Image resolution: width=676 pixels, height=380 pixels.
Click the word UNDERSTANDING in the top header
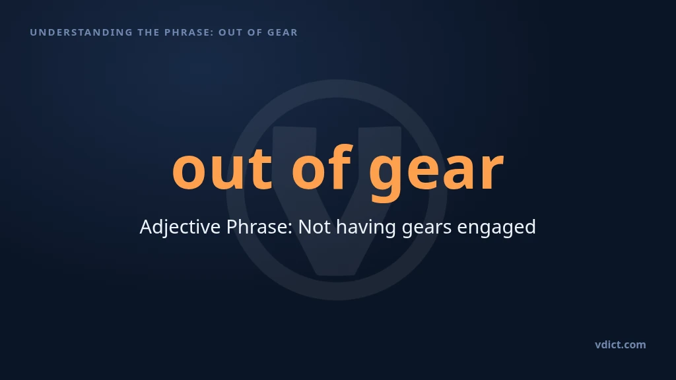(81, 32)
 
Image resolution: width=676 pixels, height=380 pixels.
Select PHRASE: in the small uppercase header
(189, 32)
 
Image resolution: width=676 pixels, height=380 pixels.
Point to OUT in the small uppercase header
(230, 32)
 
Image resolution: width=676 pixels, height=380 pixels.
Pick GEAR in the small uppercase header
(283, 32)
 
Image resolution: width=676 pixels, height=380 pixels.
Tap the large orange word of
(322, 166)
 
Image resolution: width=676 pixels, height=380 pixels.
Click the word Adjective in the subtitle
(180, 227)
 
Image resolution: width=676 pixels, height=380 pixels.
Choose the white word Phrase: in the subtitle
(259, 227)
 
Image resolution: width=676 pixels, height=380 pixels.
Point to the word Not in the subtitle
(315, 227)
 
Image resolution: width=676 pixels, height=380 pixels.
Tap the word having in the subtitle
(366, 228)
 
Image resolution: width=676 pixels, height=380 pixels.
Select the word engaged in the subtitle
(496, 228)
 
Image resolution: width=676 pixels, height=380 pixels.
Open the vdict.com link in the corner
(621, 344)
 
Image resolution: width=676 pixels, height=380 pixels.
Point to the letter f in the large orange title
(341, 166)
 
